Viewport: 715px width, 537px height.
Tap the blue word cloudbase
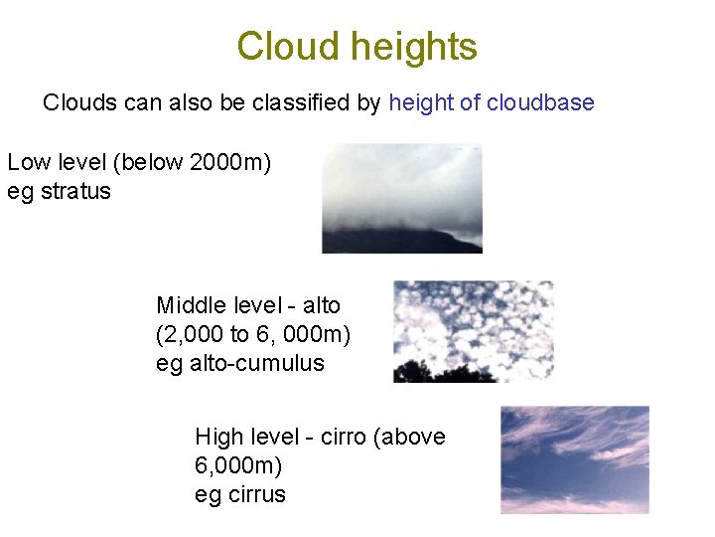540,102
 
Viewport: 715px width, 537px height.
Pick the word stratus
75,191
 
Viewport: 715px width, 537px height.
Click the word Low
28,162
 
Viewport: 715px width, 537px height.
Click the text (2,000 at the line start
190,334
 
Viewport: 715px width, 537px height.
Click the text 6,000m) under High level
239,465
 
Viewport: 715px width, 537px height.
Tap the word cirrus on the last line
255,494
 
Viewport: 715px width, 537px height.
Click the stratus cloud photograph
401,198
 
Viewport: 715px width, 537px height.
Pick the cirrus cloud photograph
574,458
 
